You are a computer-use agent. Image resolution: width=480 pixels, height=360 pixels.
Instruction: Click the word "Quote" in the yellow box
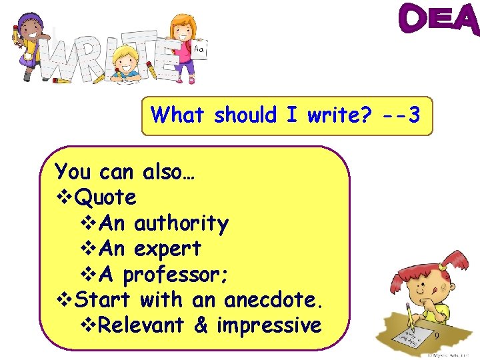tap(106, 197)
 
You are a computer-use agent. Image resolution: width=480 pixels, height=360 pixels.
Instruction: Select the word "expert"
tap(167, 249)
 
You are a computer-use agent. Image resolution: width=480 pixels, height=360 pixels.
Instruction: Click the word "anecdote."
tap(274, 300)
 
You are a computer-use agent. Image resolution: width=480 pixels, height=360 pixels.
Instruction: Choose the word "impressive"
tap(269, 325)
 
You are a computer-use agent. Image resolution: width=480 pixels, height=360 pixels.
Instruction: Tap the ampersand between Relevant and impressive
tap(200, 325)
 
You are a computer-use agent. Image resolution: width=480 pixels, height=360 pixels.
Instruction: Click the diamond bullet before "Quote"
tap(64, 198)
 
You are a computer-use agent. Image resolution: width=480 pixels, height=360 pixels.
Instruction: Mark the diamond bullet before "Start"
tap(64, 301)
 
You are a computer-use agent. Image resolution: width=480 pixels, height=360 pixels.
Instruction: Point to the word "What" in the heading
tap(177, 115)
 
